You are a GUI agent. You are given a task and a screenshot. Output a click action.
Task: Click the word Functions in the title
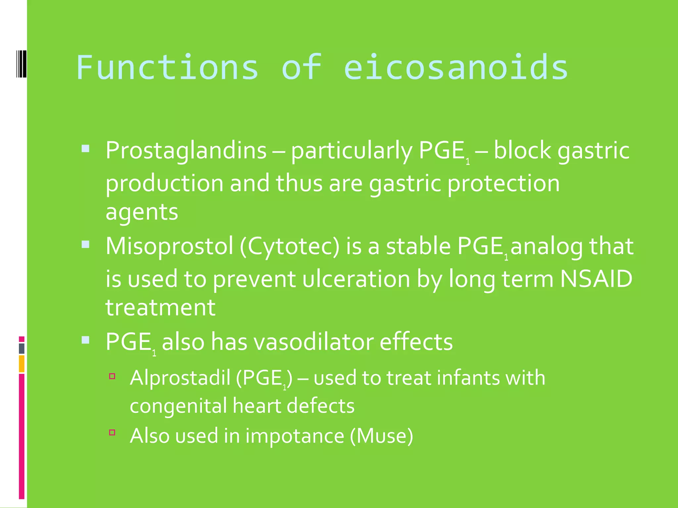point(167,67)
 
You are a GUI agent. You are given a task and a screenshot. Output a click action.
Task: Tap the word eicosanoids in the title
point(456,67)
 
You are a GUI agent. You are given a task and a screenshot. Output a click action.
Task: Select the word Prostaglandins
point(186,151)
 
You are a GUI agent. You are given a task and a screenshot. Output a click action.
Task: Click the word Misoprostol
point(169,246)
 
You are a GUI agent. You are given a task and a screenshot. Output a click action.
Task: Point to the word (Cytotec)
point(289,247)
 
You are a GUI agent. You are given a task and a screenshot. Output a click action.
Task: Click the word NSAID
point(596,279)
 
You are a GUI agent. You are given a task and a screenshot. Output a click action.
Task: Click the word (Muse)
point(381,436)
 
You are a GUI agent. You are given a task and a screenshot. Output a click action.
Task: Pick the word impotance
point(295,436)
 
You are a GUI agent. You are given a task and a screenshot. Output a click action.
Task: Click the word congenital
point(178,406)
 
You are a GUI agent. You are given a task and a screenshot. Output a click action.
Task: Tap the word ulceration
point(356,279)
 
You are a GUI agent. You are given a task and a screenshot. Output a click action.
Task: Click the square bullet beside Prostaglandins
point(85,148)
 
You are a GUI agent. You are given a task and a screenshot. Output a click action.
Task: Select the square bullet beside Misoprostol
point(85,244)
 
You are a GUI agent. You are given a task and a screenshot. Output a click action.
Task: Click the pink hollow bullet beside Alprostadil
point(112,376)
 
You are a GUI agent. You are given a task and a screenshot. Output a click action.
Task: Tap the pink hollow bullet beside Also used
point(112,432)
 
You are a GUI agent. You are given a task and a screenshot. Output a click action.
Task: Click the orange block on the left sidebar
point(22,363)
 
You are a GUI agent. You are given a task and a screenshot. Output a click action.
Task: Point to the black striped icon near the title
point(21,64)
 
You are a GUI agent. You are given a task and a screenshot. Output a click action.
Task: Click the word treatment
point(160,308)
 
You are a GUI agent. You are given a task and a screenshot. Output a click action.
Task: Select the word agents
point(142,212)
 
